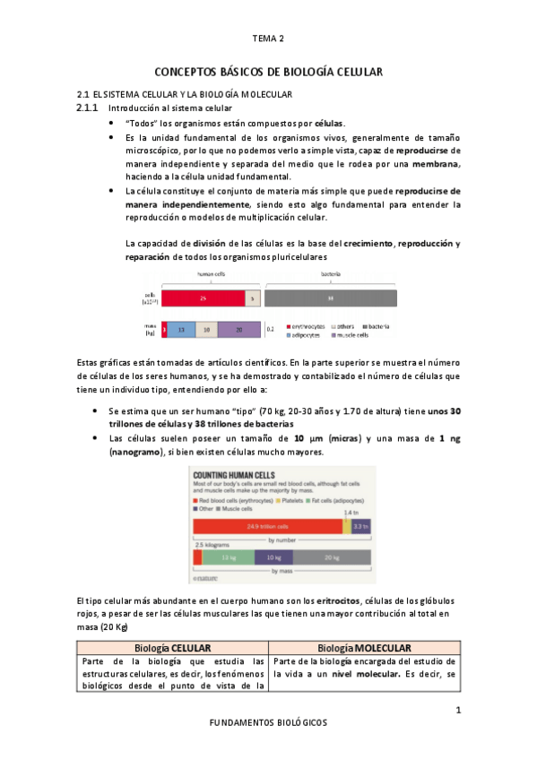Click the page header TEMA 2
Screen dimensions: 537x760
pos(268,39)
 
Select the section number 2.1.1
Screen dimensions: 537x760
pos(91,108)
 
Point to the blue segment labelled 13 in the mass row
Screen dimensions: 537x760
pos(182,330)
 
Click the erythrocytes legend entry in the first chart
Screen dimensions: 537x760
pos(309,326)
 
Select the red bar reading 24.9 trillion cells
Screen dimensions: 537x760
pos(267,526)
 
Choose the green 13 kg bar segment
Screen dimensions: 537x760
pos(228,557)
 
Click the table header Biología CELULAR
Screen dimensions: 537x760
pos(172,648)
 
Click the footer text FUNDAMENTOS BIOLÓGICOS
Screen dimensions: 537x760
pos(268,721)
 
